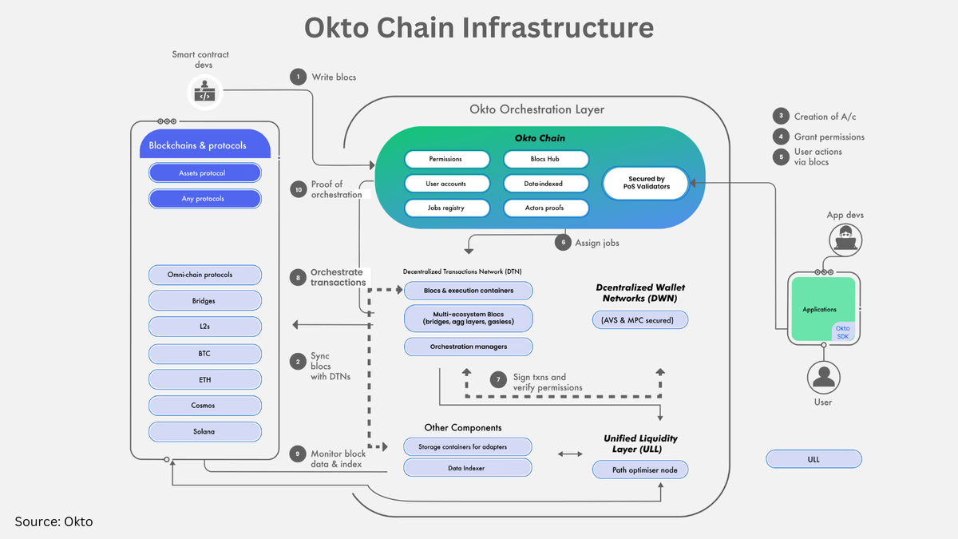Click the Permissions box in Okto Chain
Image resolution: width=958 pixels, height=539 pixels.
(445, 159)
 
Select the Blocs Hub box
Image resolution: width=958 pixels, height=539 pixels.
(546, 159)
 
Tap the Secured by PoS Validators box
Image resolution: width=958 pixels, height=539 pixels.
(646, 184)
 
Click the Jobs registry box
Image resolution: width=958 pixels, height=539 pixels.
(445, 208)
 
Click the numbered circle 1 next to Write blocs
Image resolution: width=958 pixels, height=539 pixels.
(298, 77)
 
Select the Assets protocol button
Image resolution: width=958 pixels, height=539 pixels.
(204, 172)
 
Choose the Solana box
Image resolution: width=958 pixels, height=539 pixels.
(204, 431)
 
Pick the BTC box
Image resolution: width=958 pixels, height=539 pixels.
(204, 354)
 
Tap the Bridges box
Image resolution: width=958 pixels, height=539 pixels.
(204, 301)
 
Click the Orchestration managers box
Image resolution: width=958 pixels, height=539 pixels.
(468, 347)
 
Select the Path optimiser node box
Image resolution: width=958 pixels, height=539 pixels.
(639, 470)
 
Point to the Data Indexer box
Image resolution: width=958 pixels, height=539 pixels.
(468, 468)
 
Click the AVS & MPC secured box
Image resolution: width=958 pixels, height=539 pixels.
(639, 320)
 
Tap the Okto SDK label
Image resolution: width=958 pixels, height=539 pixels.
(842, 331)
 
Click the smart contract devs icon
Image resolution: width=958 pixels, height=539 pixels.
(204, 92)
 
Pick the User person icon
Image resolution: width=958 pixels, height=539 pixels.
(823, 375)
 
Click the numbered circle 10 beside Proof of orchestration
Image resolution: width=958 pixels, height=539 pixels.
(298, 189)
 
